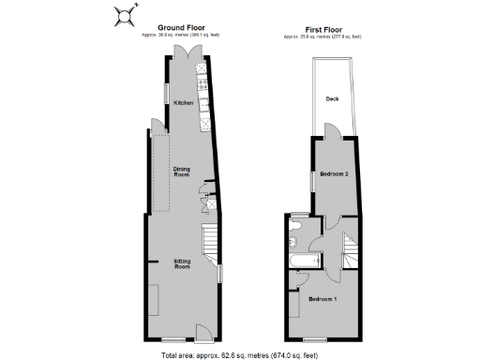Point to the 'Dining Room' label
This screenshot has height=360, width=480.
[181, 172]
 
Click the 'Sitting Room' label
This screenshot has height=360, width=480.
[182, 263]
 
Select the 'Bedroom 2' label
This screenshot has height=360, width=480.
[334, 174]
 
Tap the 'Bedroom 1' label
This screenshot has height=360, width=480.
[322, 298]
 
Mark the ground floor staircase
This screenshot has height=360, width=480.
[211, 246]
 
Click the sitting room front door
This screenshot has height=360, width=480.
[202, 332]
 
